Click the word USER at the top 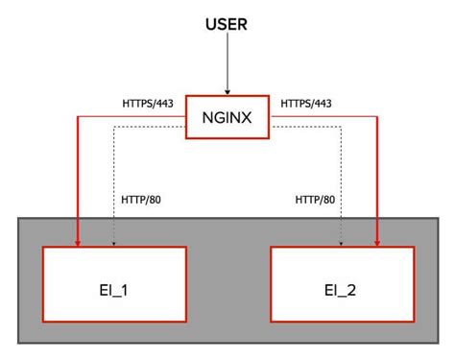(227, 21)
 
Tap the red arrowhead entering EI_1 (76, 240)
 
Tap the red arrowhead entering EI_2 (377, 240)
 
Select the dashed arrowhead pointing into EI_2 (342, 241)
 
